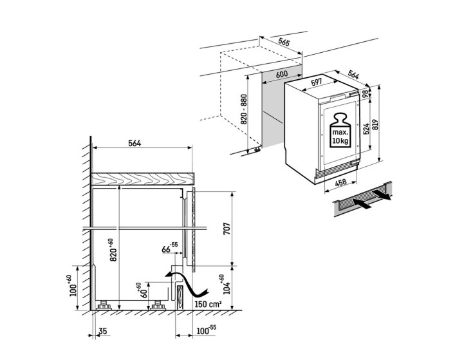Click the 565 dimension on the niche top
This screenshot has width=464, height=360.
coord(283,42)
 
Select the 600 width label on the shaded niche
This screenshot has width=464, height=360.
coord(281,74)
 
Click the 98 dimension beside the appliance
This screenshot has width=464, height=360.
coord(365,93)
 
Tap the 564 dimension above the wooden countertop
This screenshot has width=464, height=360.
coord(134,143)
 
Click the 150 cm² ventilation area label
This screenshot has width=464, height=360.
coord(207,304)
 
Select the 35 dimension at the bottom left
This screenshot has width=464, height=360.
coord(103,332)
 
